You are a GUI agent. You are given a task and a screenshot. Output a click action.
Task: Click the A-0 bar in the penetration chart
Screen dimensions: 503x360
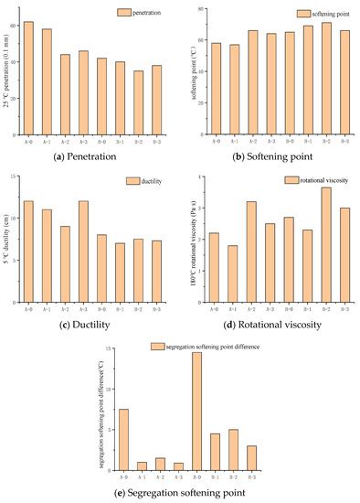tap(28, 78)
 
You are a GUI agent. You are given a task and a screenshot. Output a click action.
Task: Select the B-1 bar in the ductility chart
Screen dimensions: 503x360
tap(120, 272)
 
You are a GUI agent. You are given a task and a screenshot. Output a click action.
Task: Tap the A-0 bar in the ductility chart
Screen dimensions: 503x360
tap(28, 251)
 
